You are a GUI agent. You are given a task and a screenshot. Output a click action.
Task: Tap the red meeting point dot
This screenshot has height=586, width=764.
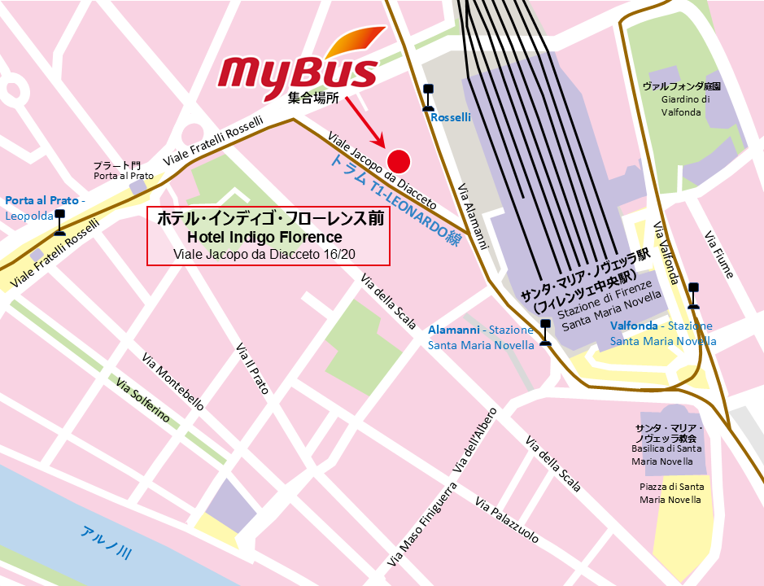point(398,160)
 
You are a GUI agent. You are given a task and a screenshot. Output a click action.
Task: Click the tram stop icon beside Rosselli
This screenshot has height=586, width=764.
point(426,98)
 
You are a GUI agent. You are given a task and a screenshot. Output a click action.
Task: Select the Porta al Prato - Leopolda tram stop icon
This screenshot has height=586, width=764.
point(59,221)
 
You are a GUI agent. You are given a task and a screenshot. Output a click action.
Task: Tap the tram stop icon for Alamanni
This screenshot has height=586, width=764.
point(544,333)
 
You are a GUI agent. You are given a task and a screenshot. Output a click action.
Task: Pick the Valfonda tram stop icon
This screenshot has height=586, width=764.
point(693,295)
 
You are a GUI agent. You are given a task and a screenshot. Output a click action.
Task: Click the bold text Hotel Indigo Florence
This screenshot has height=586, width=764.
point(264,237)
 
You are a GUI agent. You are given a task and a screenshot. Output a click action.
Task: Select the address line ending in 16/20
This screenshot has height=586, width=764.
point(268,255)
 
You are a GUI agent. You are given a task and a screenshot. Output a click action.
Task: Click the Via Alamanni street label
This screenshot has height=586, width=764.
point(473,215)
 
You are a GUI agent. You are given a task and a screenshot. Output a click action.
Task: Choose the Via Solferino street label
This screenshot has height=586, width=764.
point(143,400)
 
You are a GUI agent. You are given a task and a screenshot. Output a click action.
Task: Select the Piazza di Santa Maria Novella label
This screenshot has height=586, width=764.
point(672,492)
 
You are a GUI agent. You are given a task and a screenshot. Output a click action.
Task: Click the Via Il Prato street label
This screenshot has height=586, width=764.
point(251,369)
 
